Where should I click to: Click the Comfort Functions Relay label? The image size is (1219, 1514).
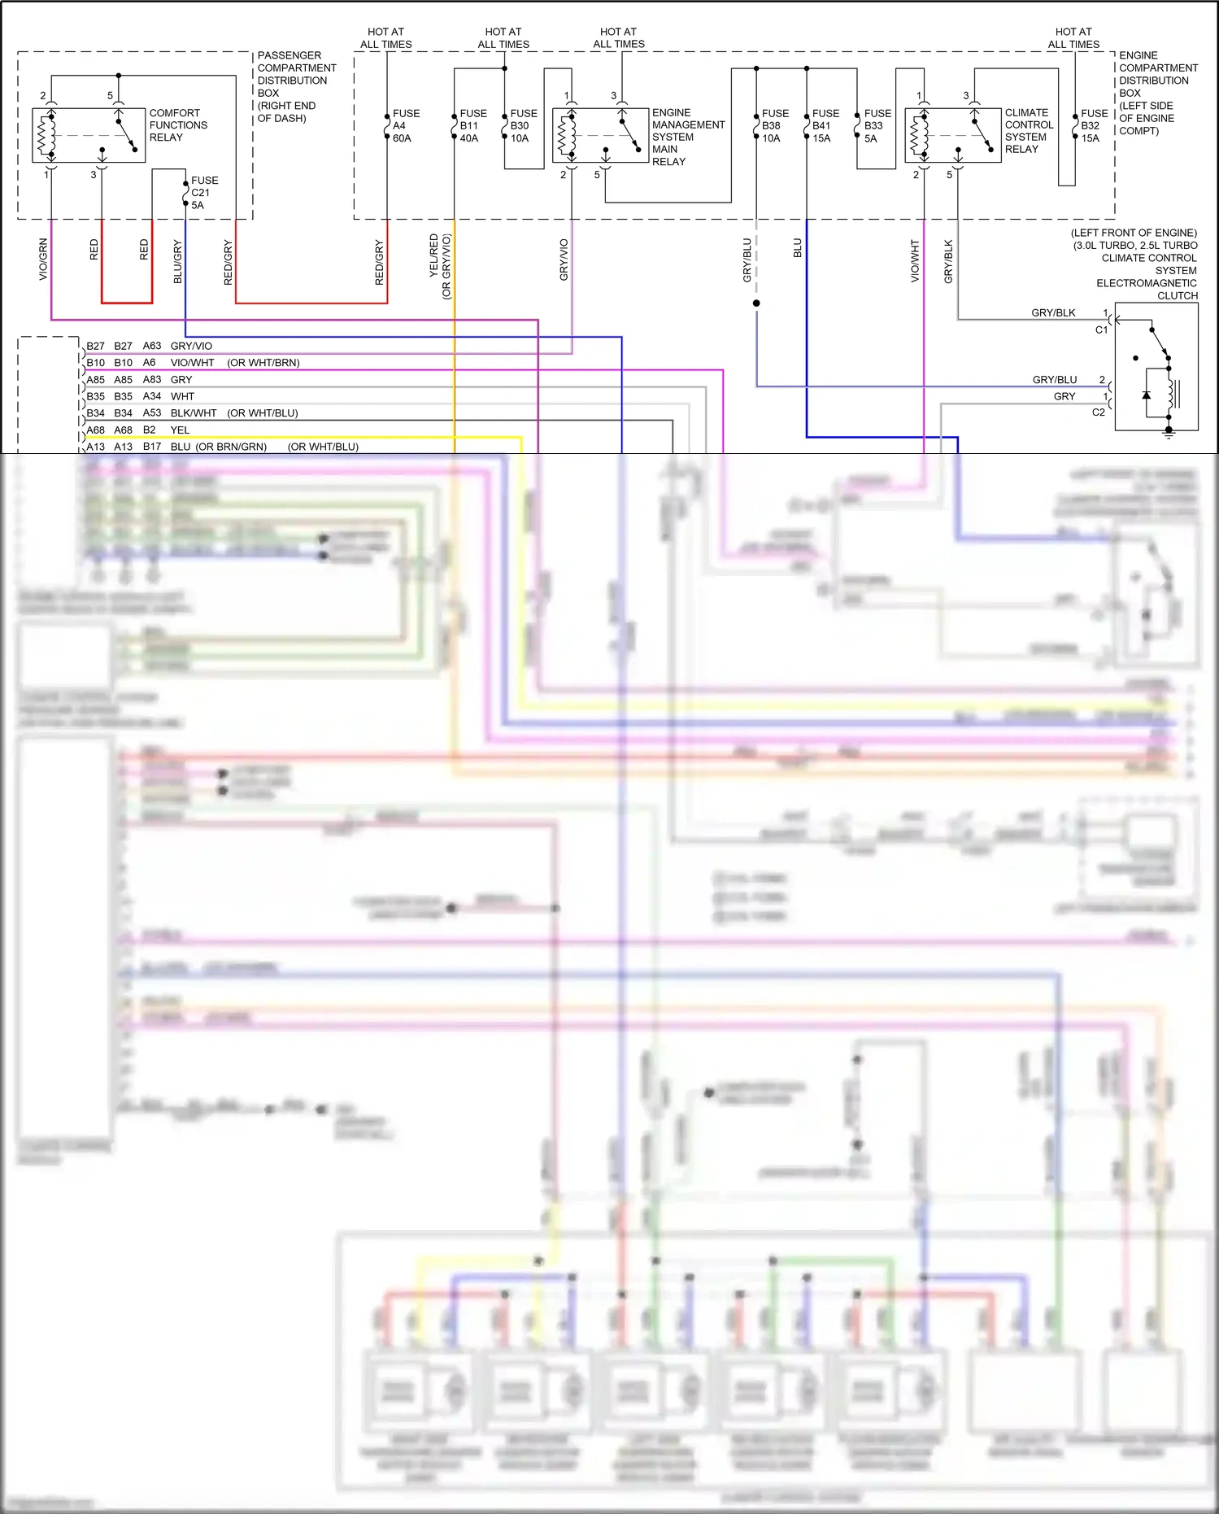pyautogui.click(x=177, y=125)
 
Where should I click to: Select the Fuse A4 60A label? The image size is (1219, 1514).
pyautogui.click(x=405, y=126)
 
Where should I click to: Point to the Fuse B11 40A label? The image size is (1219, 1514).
pyautogui.click(x=472, y=126)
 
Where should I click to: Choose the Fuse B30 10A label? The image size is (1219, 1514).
pyautogui.click(x=523, y=126)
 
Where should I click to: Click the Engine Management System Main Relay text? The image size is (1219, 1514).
pyautogui.click(x=687, y=137)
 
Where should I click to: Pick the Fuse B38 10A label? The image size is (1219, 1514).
pyautogui.click(x=774, y=126)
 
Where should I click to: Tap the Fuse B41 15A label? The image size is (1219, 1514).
pyautogui.click(x=825, y=126)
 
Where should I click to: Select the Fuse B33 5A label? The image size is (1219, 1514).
pyautogui.click(x=877, y=126)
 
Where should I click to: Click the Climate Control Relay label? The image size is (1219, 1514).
pyautogui.click(x=1029, y=131)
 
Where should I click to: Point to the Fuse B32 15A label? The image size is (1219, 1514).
pyautogui.click(x=1093, y=126)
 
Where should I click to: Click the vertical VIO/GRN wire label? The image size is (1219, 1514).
pyautogui.click(x=43, y=260)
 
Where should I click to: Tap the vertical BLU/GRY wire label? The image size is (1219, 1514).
pyautogui.click(x=178, y=261)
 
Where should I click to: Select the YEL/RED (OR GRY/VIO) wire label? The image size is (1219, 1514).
pyautogui.click(x=440, y=265)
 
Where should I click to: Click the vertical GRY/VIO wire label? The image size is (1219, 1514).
pyautogui.click(x=564, y=260)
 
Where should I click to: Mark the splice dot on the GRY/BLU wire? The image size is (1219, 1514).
pyautogui.click(x=756, y=303)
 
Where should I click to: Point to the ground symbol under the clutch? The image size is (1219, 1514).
pyautogui.click(x=1169, y=434)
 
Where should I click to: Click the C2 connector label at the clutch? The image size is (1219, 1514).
pyautogui.click(x=1098, y=412)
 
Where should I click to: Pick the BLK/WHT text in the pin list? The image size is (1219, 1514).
pyautogui.click(x=194, y=413)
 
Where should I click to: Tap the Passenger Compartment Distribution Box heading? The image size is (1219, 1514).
pyautogui.click(x=296, y=86)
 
